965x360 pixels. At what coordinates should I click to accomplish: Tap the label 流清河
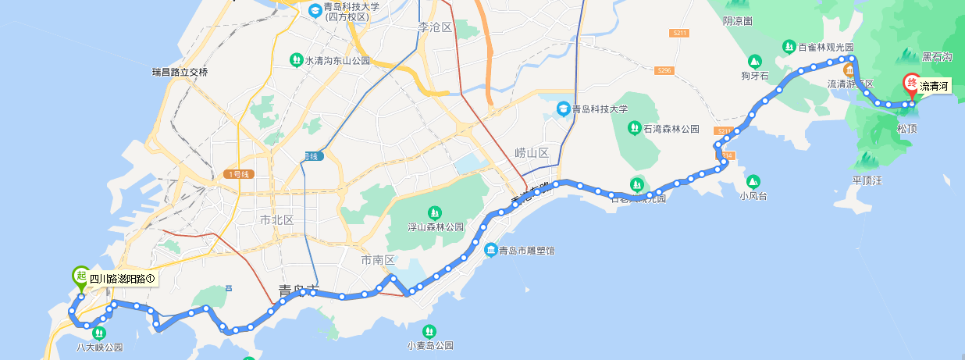click(x=934, y=87)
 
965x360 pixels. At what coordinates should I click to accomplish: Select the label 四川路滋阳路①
click(x=123, y=279)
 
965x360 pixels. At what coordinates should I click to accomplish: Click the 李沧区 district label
click(x=435, y=27)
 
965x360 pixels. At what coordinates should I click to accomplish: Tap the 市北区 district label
click(x=276, y=220)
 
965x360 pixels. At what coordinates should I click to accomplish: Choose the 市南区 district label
click(x=379, y=259)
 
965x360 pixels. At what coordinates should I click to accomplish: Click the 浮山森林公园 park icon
click(x=434, y=212)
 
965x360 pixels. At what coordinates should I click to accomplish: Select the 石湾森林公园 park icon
click(x=636, y=128)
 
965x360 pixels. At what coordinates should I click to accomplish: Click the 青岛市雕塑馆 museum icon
click(x=491, y=250)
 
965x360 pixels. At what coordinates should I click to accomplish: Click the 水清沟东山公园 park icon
click(x=296, y=59)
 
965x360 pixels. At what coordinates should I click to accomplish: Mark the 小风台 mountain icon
click(x=753, y=181)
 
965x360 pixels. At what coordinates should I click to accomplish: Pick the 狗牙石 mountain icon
click(x=755, y=61)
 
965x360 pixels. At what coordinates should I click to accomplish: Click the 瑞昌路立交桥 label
click(x=180, y=73)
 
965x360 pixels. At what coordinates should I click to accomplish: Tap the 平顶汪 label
click(x=867, y=180)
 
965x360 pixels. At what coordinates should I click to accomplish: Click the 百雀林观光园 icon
click(x=790, y=47)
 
